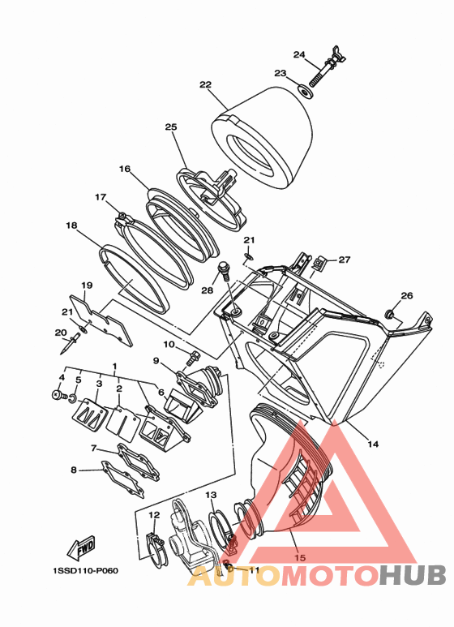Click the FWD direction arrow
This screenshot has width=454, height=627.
pyautogui.click(x=82, y=548)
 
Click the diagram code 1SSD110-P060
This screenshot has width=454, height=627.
pyautogui.click(x=85, y=570)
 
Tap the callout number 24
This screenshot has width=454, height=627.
pyautogui.click(x=299, y=54)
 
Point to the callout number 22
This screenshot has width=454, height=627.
pyautogui.click(x=205, y=85)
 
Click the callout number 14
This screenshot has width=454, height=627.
pyautogui.click(x=373, y=444)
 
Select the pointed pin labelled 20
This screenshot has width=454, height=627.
pyautogui.click(x=69, y=345)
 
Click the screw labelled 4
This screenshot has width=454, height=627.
pyautogui.click(x=60, y=395)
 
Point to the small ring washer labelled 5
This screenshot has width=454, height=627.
pyautogui.click(x=73, y=398)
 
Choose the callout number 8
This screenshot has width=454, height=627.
pyautogui.click(x=73, y=470)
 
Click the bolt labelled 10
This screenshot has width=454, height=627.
pyautogui.click(x=193, y=356)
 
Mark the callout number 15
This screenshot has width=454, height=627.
pyautogui.click(x=300, y=557)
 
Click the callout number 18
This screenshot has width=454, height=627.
pyautogui.click(x=71, y=225)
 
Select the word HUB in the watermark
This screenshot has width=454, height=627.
pyautogui.click(x=412, y=576)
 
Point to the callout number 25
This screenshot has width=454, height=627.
pyautogui.click(x=170, y=127)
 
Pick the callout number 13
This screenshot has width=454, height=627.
pyautogui.click(x=211, y=495)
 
